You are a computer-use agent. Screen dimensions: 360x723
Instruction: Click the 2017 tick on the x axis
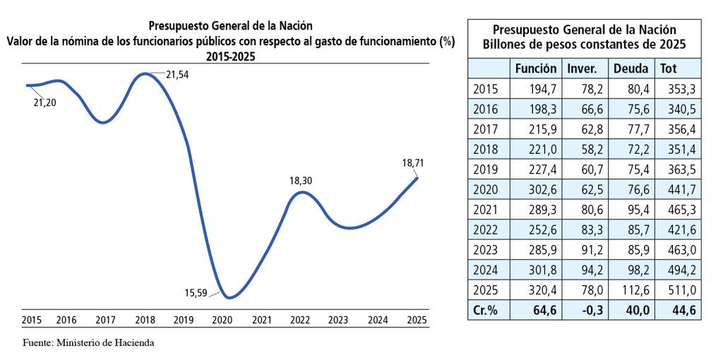pyautogui.click(x=107, y=320)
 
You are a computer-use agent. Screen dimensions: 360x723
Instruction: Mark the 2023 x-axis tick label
pyautogui.click(x=338, y=320)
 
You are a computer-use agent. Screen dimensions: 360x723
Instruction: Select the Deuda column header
pyautogui.click(x=631, y=68)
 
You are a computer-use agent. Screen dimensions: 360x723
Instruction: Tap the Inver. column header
pyautogui.click(x=582, y=68)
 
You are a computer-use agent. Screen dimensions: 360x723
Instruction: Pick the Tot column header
pyautogui.click(x=668, y=68)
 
